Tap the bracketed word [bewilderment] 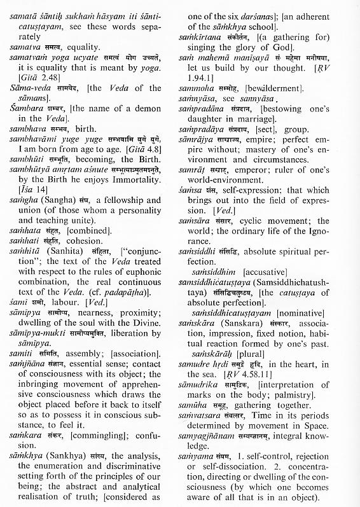tap(271, 99)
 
